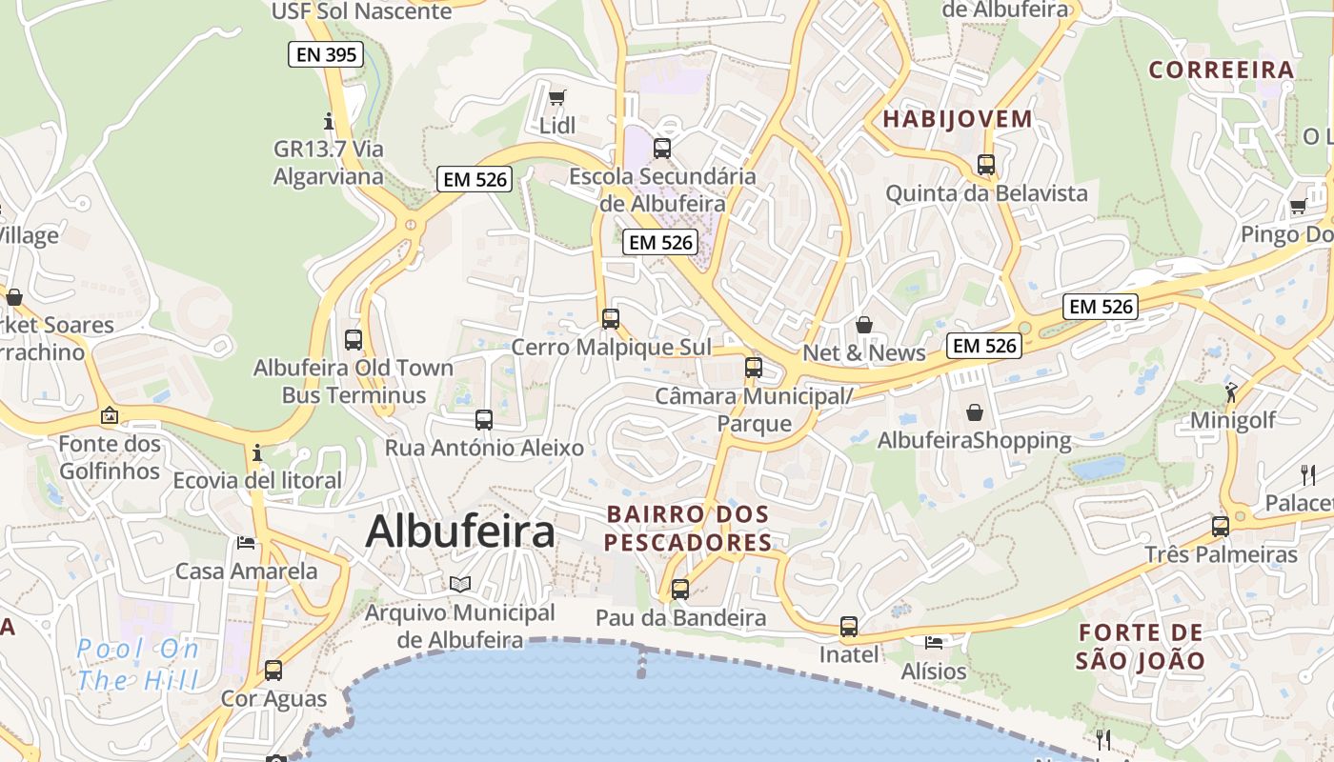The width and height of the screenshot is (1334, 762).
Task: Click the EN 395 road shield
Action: [327, 54]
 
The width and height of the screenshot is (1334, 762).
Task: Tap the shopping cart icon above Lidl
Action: [557, 97]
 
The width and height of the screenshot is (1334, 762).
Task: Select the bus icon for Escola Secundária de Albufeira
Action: [661, 148]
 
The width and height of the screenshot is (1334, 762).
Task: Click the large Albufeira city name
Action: [460, 531]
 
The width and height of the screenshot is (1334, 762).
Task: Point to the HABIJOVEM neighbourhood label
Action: [958, 119]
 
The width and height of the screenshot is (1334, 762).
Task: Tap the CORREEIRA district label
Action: [1221, 70]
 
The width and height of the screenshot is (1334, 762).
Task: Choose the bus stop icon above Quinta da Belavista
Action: [986, 165]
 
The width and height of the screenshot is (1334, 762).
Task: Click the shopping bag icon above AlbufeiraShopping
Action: [974, 412]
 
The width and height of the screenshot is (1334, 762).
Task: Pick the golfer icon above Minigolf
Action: [1231, 391]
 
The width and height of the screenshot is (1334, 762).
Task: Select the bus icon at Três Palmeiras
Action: [1220, 526]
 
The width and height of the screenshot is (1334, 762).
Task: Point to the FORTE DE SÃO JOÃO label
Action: [1141, 646]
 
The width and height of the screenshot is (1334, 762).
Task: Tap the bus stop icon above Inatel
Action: [848, 627]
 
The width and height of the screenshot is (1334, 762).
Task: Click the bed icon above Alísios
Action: [934, 643]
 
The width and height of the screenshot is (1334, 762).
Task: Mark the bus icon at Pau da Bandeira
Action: [679, 590]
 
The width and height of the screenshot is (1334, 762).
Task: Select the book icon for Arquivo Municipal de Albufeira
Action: [460, 584]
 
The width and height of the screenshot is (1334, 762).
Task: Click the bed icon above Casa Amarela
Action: [246, 543]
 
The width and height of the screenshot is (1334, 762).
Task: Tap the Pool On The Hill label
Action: [138, 665]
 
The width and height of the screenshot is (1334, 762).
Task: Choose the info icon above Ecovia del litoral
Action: [256, 452]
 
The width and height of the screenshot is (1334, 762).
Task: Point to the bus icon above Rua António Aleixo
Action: [484, 419]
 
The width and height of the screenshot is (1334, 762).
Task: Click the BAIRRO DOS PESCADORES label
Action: [688, 529]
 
